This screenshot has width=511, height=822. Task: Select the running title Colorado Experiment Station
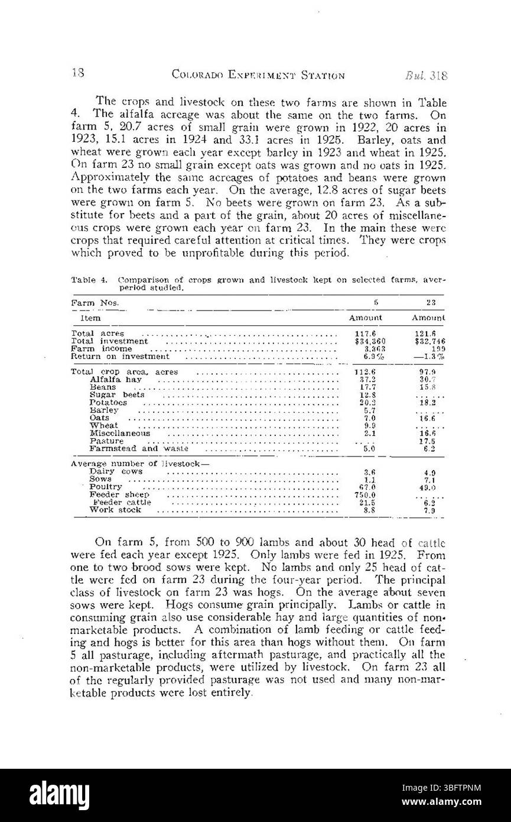click(x=258, y=76)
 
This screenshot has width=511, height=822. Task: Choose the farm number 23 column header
click(x=431, y=302)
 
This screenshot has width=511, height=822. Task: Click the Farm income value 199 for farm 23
click(x=437, y=349)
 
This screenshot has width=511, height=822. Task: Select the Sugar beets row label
click(x=116, y=394)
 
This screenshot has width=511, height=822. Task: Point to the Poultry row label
click(x=106, y=487)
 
